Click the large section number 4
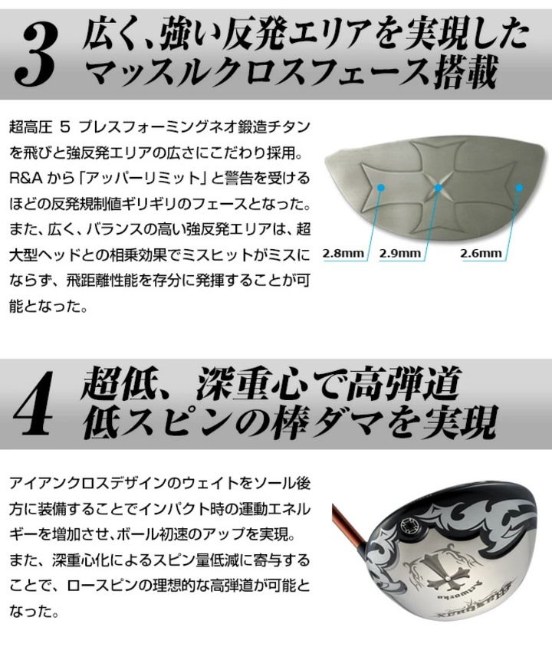pos(33,405)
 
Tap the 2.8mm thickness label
pos(343,253)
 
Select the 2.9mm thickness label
pos(399,253)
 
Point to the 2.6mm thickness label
pos(481,253)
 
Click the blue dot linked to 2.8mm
pos(381,188)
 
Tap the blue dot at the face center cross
pos(438,188)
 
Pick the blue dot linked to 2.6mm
pos(518,188)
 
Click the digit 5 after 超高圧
pos(65,126)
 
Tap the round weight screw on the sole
pos(409,527)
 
